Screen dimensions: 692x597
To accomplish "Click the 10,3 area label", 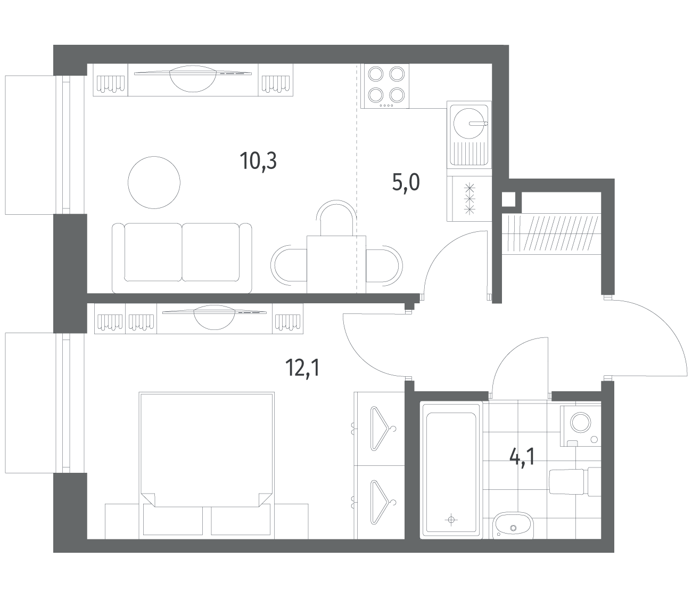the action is [258, 162].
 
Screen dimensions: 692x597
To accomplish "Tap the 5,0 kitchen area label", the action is [406, 183].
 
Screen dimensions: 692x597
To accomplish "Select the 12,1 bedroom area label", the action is [303, 367].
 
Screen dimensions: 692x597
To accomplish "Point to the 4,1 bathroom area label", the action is [522, 457].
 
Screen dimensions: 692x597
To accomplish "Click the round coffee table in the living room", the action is [154, 183].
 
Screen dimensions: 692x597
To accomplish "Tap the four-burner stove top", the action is [385, 86].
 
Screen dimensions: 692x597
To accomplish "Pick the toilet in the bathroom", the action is [575, 482].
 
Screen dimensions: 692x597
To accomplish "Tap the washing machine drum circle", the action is [581, 422].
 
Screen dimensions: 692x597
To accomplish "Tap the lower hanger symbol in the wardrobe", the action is [382, 503].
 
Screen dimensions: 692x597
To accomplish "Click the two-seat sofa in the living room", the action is [182, 258].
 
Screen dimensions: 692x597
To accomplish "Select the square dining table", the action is [336, 264].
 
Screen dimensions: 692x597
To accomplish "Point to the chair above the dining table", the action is [336, 218].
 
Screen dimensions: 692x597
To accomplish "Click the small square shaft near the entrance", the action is [508, 200].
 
